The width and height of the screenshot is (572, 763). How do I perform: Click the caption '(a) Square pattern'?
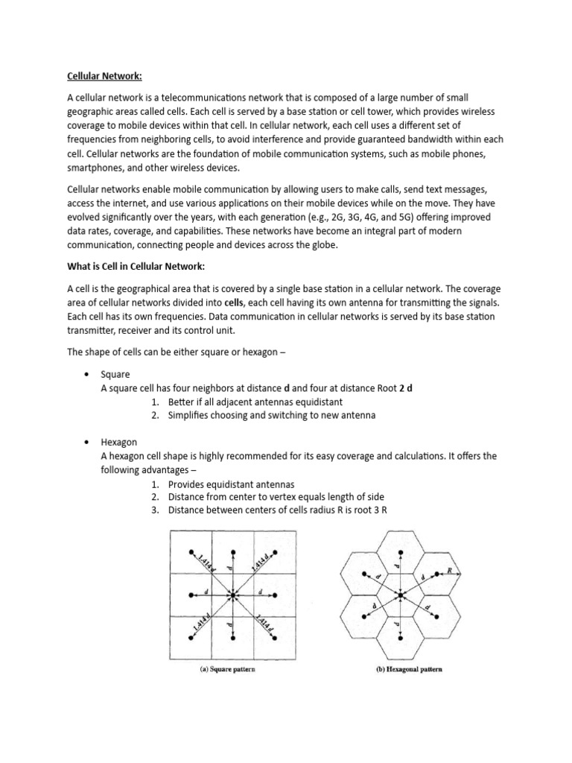tap(235, 668)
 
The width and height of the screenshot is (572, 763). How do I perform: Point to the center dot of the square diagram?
tap(234, 595)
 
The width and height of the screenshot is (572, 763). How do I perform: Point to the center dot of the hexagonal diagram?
tap(402, 594)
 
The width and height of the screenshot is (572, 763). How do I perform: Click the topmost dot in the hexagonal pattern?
tap(402, 554)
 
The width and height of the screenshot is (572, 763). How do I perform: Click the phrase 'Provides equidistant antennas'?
tap(231, 484)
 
